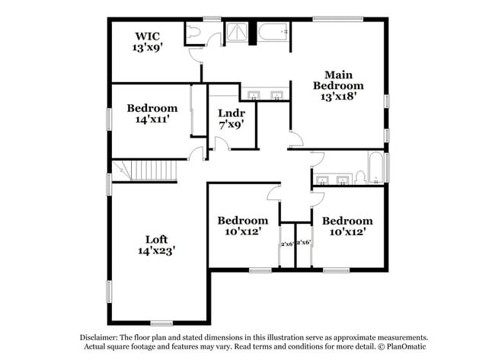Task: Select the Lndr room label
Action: coord(232,113)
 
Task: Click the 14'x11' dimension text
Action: coord(152,119)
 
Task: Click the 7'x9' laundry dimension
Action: coord(232,125)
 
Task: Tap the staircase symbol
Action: coord(145,170)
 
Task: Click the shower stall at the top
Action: coord(236,33)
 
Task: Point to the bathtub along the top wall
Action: coord(272,33)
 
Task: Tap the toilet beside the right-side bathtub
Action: coord(360,178)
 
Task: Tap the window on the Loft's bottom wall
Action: coord(161,323)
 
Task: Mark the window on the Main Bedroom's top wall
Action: coord(338,19)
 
